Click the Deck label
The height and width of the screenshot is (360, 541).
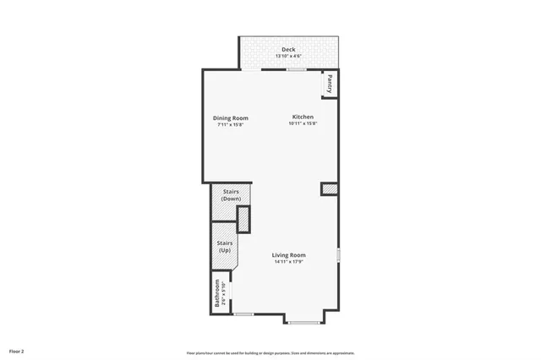click(x=289, y=50)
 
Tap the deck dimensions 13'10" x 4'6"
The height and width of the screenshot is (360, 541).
click(x=289, y=56)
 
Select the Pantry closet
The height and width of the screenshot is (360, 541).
click(x=330, y=83)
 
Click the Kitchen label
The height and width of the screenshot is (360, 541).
click(x=303, y=117)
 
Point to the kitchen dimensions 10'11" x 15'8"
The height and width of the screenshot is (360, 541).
click(x=303, y=123)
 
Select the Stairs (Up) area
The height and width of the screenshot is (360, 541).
click(x=225, y=247)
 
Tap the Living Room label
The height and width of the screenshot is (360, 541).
click(x=288, y=255)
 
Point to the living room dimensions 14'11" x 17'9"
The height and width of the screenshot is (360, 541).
click(x=288, y=262)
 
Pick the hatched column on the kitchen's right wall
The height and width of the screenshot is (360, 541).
click(x=329, y=189)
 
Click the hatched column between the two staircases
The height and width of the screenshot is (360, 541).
click(x=243, y=219)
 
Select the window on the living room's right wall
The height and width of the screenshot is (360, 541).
click(x=338, y=254)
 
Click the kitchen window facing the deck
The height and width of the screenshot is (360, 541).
click(x=296, y=69)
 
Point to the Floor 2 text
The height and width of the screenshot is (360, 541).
click(x=17, y=349)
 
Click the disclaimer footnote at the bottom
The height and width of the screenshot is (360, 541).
click(x=270, y=352)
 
